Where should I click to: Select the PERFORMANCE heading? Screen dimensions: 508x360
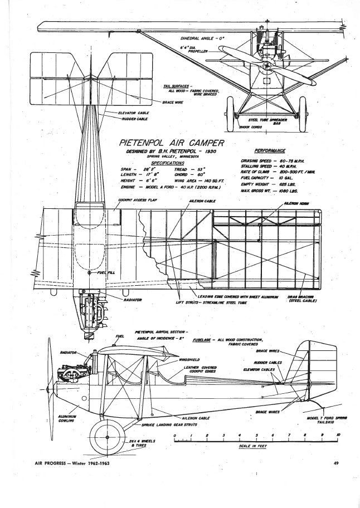pyautogui.click(x=270, y=150)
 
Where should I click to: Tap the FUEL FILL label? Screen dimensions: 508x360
pyautogui.click(x=105, y=272)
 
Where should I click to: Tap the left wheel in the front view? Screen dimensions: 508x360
pyautogui.click(x=232, y=113)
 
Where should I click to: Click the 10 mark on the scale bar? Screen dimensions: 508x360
pyautogui.click(x=338, y=435)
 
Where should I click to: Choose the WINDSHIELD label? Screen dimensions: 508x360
pyautogui.click(x=191, y=360)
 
